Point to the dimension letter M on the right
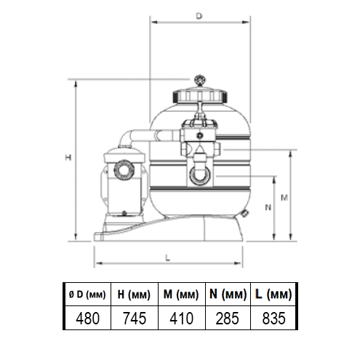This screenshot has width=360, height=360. coord(286,197)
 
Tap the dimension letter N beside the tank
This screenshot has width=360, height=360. coord(268,207)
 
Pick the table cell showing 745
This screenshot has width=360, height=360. coord(135,317)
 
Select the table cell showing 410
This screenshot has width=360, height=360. coord(181,317)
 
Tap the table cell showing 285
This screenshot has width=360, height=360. coord(228,317)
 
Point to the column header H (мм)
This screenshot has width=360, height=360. coord(135,295)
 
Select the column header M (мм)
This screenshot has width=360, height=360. coord(181,295)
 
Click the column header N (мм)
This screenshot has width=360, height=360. coord(228,295)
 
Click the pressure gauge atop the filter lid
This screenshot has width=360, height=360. coord(199,79)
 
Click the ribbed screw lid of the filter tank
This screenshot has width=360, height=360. coord(199,95)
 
